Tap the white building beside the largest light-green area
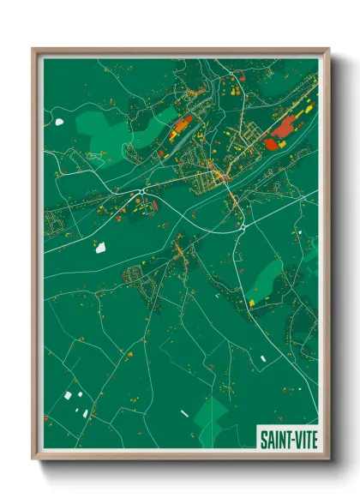[x=59, y=121]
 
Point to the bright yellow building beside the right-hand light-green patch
[x=251, y=302]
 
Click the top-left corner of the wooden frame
[x=33, y=50]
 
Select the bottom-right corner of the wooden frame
[x=328, y=459]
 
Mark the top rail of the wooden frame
[x=180, y=50]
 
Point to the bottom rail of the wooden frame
[x=180, y=459]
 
